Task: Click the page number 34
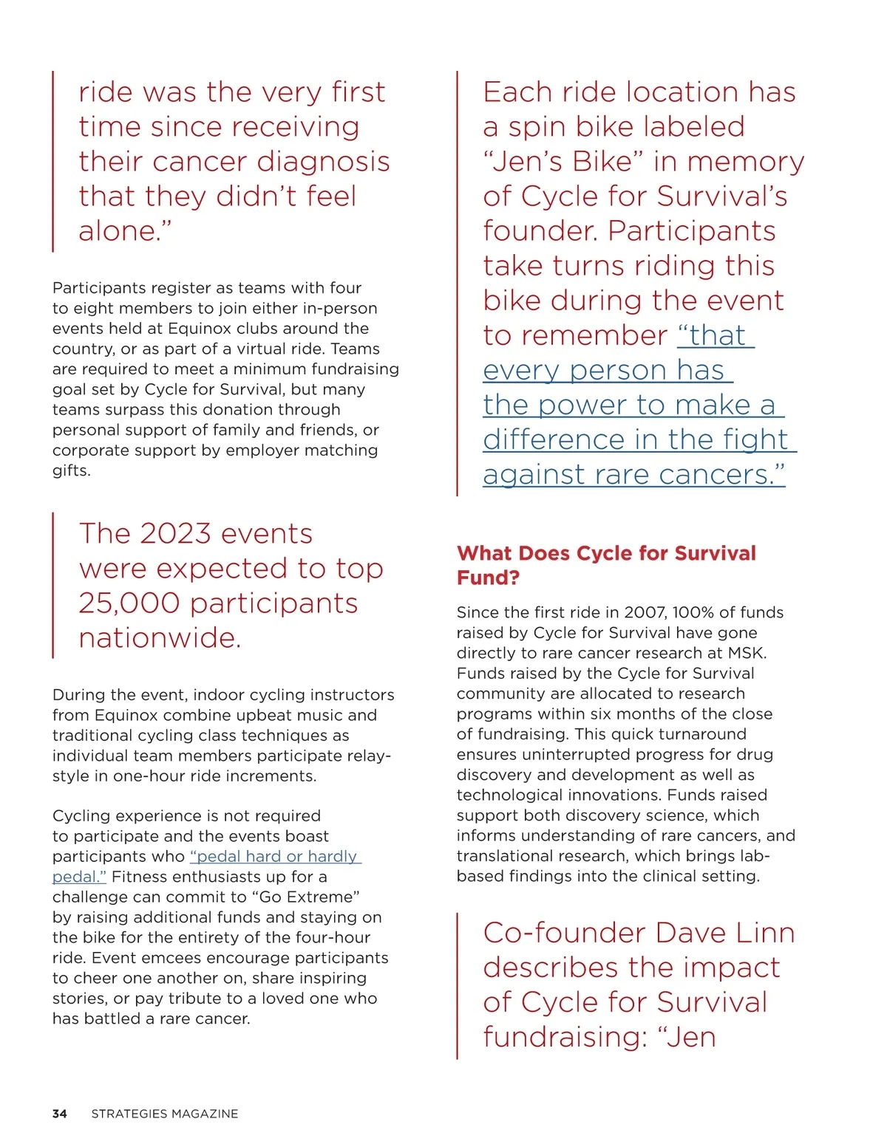coord(59,1114)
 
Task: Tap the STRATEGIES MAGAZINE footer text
coord(164,1114)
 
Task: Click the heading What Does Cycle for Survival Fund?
coord(605,565)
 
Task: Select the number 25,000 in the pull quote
coord(129,603)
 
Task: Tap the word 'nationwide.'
coord(160,638)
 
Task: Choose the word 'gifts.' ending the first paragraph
coord(71,470)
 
